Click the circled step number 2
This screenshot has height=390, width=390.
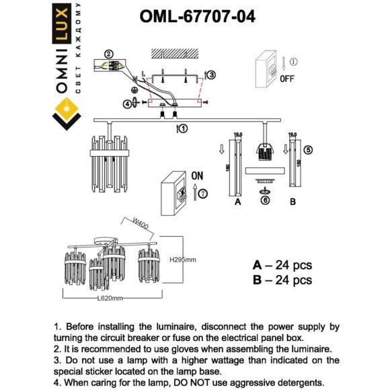[x=109, y=54]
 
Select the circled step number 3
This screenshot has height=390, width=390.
[x=210, y=75]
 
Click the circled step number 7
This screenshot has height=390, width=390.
[x=202, y=194]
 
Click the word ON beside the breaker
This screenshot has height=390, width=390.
[x=197, y=175]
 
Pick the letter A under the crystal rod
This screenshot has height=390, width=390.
[x=237, y=201]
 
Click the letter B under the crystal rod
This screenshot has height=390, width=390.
[x=292, y=201]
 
